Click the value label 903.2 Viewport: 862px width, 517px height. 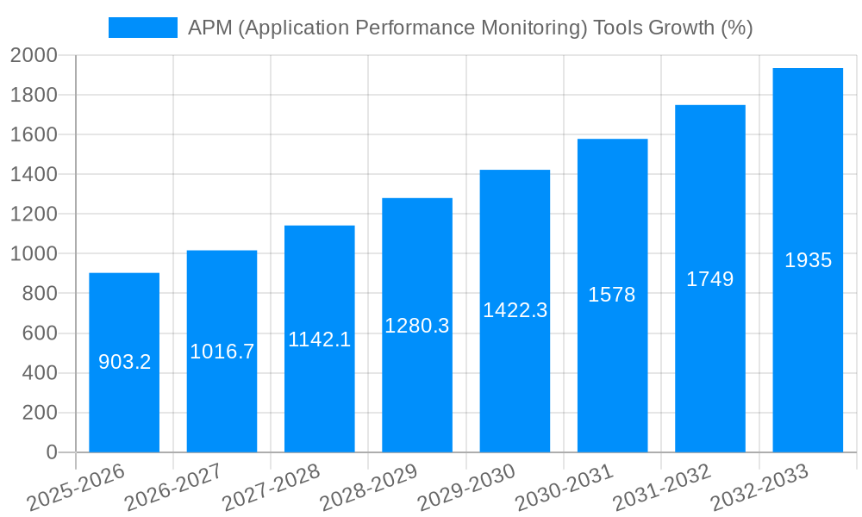[x=124, y=362]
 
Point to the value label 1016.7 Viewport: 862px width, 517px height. [x=222, y=352]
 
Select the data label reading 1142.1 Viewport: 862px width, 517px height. [x=319, y=339]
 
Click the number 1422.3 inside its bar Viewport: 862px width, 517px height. [x=515, y=310]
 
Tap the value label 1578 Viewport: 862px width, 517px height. [x=612, y=295]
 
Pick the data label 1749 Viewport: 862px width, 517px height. [x=709, y=279]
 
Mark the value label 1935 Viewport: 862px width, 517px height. [x=808, y=260]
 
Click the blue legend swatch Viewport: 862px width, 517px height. [x=142, y=28]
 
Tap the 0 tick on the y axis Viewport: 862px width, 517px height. [x=51, y=452]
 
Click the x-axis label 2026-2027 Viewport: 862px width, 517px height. [x=173, y=488]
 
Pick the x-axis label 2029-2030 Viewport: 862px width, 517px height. [x=466, y=488]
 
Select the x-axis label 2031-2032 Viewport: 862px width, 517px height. [x=662, y=488]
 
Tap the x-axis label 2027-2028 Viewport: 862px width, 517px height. [x=271, y=488]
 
